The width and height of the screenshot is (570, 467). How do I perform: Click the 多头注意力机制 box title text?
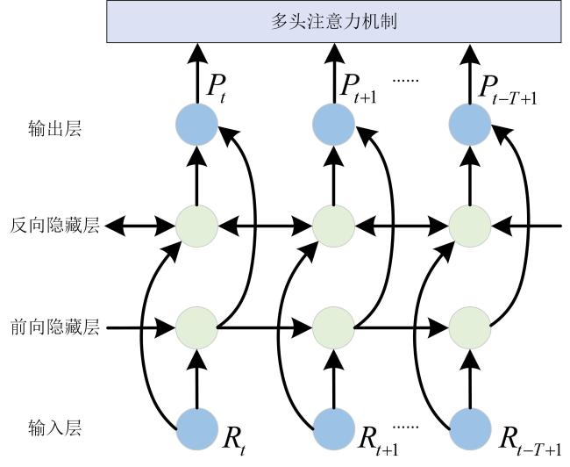click(334, 21)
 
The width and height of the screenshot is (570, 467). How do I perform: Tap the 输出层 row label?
click(55, 128)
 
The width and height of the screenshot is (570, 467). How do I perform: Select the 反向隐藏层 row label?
click(55, 226)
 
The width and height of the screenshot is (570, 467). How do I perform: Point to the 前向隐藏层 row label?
click(55, 327)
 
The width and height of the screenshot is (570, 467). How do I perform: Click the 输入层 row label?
click(55, 427)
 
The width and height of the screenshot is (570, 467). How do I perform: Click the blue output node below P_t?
click(196, 124)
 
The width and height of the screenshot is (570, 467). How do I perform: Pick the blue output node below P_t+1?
click(333, 124)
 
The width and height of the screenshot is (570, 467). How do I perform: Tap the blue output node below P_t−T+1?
click(470, 124)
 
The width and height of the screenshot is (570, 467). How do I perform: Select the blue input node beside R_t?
click(196, 429)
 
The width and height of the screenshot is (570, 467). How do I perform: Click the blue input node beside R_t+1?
click(333, 429)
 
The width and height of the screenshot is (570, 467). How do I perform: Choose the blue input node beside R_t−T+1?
click(470, 429)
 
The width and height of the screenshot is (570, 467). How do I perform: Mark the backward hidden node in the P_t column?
click(196, 226)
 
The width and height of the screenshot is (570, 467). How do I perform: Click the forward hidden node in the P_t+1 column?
click(333, 327)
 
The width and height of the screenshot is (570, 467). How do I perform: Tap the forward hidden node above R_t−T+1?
click(470, 327)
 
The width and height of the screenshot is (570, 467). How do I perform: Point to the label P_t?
click(216, 90)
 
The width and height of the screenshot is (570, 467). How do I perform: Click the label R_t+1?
click(378, 442)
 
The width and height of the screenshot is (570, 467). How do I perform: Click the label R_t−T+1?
click(530, 442)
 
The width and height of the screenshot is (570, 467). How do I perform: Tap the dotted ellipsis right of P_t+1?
click(406, 80)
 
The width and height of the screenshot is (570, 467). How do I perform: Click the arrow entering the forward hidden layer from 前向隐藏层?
click(140, 327)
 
